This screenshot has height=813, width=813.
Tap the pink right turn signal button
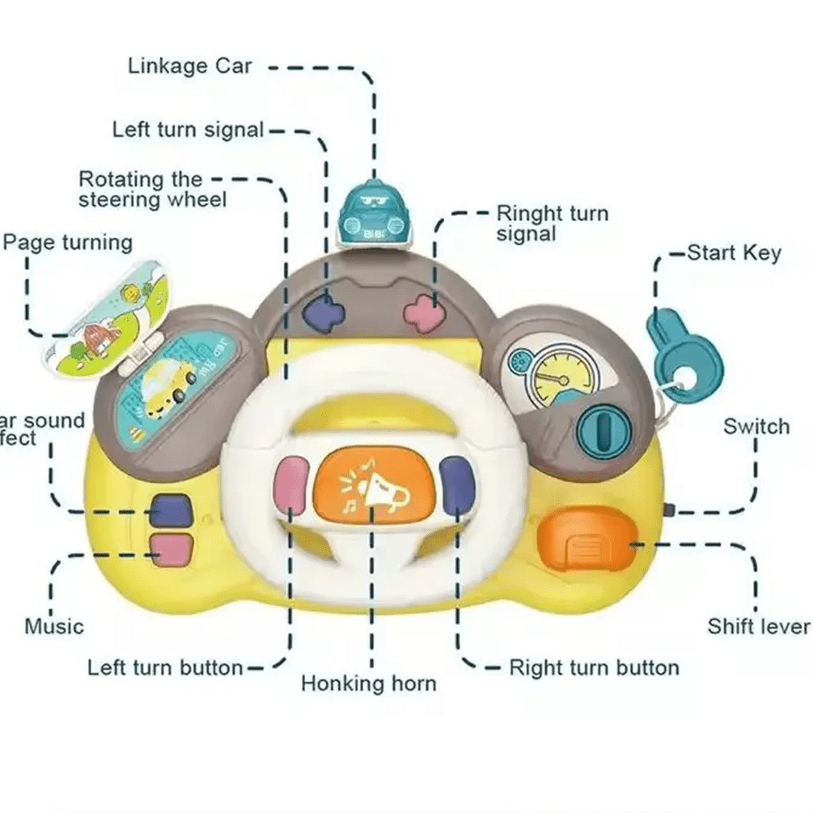coord(424,312)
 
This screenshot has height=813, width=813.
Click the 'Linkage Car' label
coord(189,66)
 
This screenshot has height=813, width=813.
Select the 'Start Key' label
coord(734,253)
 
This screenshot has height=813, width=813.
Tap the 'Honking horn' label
coord(368,684)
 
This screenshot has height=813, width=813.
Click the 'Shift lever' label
coord(757,626)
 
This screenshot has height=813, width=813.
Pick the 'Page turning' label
coord(67,243)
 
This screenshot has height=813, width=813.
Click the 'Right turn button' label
coord(593,668)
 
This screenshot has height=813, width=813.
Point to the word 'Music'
coord(53,626)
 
